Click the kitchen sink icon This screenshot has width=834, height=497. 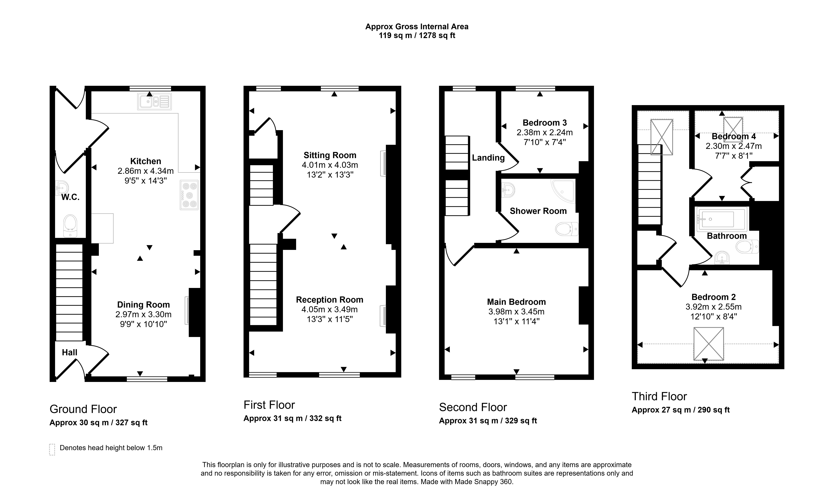pos(154,101)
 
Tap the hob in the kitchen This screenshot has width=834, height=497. pos(189,195)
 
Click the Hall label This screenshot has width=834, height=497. pos(70,352)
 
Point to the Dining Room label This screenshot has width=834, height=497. pos(143,305)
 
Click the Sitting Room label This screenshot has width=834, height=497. pos(330,155)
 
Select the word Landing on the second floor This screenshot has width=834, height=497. pos(488,158)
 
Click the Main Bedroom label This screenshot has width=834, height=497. pos(517,302)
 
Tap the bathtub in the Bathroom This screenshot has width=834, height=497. pos(722,219)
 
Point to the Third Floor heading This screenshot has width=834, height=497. pos(659,397)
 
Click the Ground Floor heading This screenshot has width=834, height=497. pos(83,409)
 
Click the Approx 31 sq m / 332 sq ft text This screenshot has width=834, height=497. pos(292,418)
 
